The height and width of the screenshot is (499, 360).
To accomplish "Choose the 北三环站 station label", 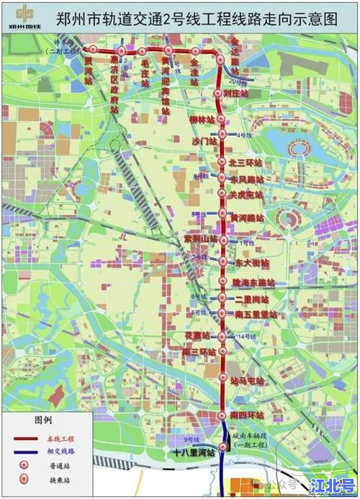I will pyautogui.click(x=243, y=162).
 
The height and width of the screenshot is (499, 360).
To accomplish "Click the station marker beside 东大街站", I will pyautogui.click(x=222, y=262).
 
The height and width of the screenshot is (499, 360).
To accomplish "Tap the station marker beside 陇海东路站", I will pyautogui.click(x=222, y=282).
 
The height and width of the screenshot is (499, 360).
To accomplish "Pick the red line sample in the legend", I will pyautogui.click(x=26, y=438).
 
